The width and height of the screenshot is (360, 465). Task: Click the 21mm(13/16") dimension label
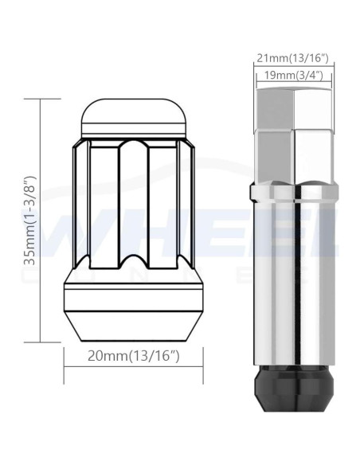pyautogui.click(x=293, y=58)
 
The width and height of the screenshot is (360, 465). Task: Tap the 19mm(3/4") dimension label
pyautogui.click(x=293, y=76)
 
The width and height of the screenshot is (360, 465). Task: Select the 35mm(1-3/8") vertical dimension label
pyautogui.click(x=30, y=221)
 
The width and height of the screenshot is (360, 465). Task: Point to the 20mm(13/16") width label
pyautogui.click(x=134, y=356)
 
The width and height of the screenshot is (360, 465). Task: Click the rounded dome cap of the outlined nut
pyautogui.click(x=134, y=115)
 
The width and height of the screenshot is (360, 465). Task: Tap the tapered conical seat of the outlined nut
pyautogui.click(x=134, y=326)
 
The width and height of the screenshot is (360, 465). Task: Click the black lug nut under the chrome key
pyautogui.click(x=294, y=388)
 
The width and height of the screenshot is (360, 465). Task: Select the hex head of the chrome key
pyautogui.click(x=294, y=135)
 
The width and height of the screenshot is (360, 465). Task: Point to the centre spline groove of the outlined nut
pyautogui.click(x=134, y=205)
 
